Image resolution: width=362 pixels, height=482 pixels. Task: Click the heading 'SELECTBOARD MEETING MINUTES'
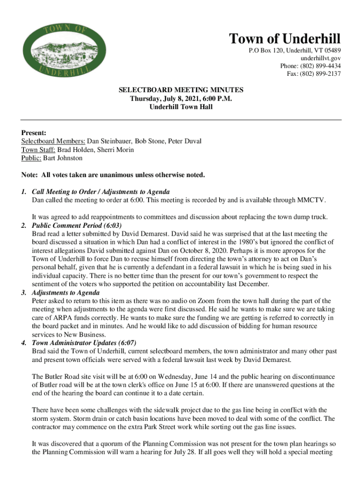tap(181, 90)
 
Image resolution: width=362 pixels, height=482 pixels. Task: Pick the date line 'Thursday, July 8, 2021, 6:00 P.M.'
tap(181, 98)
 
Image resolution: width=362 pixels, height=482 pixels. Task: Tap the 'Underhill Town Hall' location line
tap(181, 107)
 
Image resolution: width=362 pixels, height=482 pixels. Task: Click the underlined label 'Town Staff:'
tap(39, 150)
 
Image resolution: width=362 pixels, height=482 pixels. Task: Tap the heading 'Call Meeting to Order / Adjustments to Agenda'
tap(101, 192)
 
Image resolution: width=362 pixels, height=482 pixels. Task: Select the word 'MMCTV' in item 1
tap(311, 200)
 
